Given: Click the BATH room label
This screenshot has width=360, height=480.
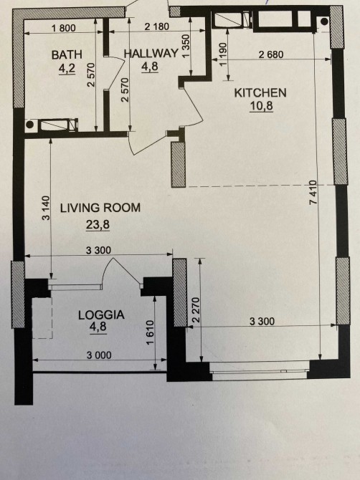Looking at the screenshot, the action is (x=67, y=54).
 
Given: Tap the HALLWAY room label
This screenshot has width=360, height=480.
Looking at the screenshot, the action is (x=151, y=54).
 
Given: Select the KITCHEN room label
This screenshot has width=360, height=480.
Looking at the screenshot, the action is (x=260, y=92).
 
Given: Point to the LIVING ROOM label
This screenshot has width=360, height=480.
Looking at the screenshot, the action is (x=100, y=208).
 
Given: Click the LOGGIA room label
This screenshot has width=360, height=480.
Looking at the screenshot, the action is (x=101, y=315).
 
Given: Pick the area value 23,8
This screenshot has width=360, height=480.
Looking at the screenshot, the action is (x=98, y=225).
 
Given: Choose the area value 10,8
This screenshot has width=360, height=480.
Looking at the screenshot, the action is (x=261, y=106).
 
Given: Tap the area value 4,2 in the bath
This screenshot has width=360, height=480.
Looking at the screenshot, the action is (x=67, y=69).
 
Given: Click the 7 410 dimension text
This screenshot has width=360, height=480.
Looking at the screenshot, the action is (x=313, y=193).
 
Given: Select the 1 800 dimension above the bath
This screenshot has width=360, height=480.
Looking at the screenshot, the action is (x=64, y=28).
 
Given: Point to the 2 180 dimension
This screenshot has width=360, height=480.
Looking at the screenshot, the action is (x=156, y=27).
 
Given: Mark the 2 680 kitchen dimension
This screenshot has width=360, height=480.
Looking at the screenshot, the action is (x=271, y=54).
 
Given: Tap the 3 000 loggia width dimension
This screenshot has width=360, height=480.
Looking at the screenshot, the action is (x=99, y=355).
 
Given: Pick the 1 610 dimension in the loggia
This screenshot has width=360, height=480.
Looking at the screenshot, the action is (x=150, y=332).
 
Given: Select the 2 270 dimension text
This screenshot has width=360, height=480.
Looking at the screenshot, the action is (x=196, y=309).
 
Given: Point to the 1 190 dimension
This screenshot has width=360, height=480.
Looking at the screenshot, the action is (x=223, y=54).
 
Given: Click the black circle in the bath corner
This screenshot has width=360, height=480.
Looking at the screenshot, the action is (x=29, y=125).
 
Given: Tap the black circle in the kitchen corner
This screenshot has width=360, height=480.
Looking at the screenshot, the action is (x=324, y=21).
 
